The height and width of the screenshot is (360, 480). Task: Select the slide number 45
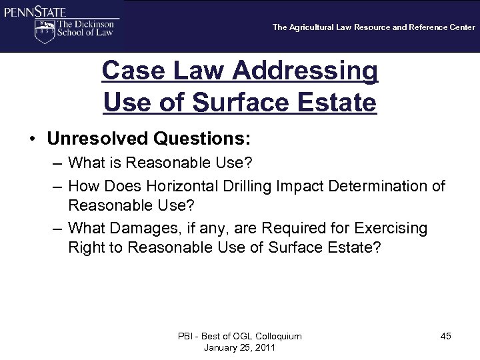pyautogui.click(x=445, y=336)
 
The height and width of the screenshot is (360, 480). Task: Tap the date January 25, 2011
pyautogui.click(x=239, y=347)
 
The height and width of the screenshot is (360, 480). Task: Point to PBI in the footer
pyautogui.click(x=186, y=336)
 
